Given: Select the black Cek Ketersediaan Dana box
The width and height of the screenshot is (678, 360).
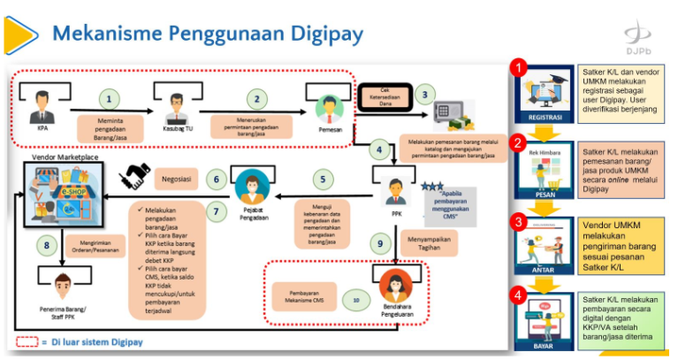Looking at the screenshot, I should (385, 93).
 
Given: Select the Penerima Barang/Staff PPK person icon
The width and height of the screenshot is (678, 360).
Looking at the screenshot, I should (62, 285).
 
